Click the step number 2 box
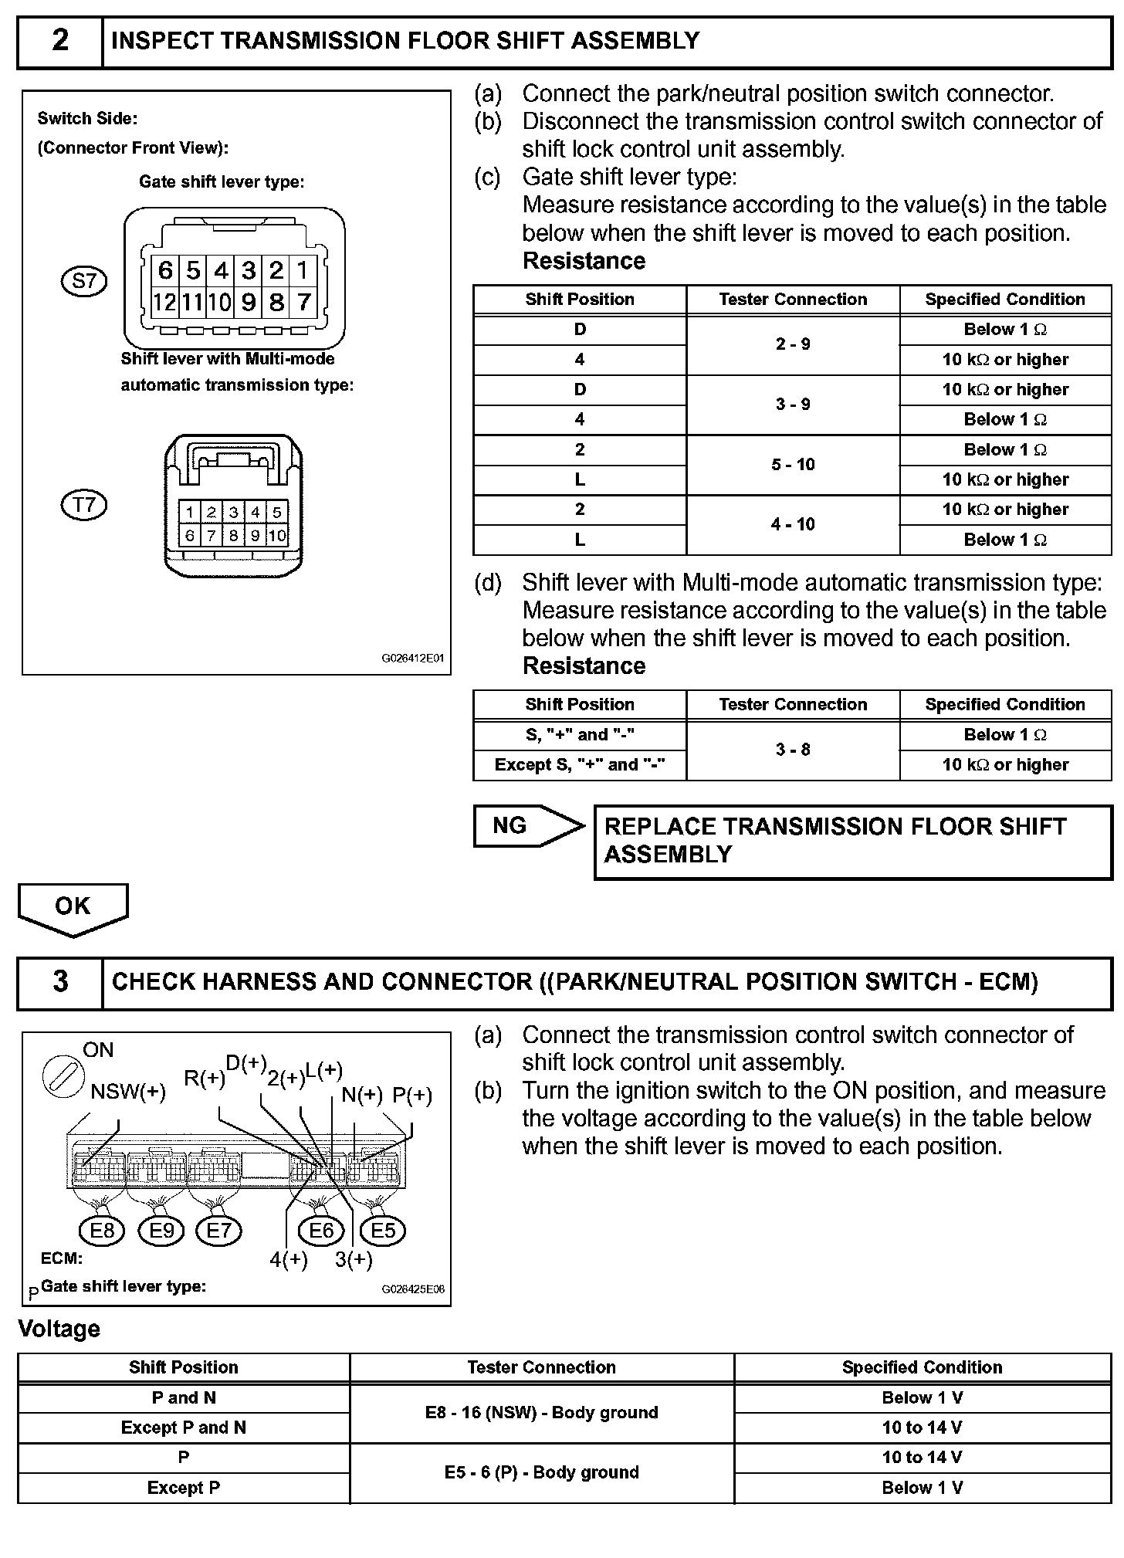(60, 41)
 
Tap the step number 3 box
(60, 982)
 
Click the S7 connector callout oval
(83, 281)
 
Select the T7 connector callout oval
(83, 506)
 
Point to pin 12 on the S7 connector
(164, 302)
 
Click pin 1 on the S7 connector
(303, 271)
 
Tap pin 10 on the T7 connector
(277, 535)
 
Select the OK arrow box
(73, 908)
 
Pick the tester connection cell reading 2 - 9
(793, 344)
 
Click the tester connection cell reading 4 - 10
(793, 525)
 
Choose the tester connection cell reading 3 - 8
(793, 750)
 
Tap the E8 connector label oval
(102, 1231)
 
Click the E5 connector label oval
(383, 1231)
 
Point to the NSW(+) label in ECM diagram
(128, 1092)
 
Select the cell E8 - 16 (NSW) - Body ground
(541, 1413)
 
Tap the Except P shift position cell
(184, 1488)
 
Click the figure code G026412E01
(413, 659)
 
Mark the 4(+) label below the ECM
(289, 1260)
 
